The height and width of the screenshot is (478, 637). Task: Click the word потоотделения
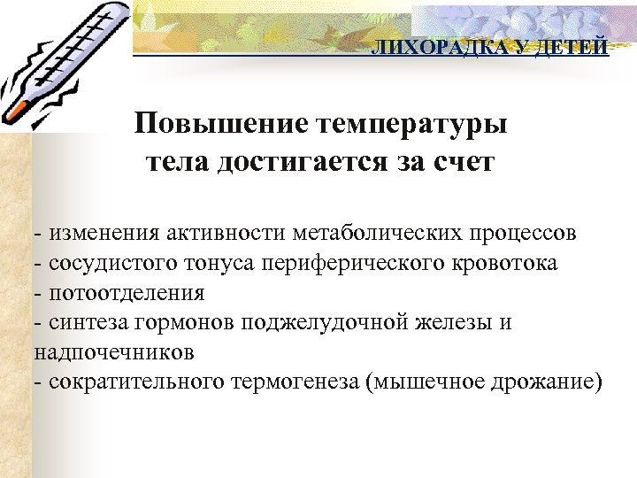[128, 292]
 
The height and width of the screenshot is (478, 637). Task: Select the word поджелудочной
[348, 322]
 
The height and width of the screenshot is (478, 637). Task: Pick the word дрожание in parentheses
[547, 382]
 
